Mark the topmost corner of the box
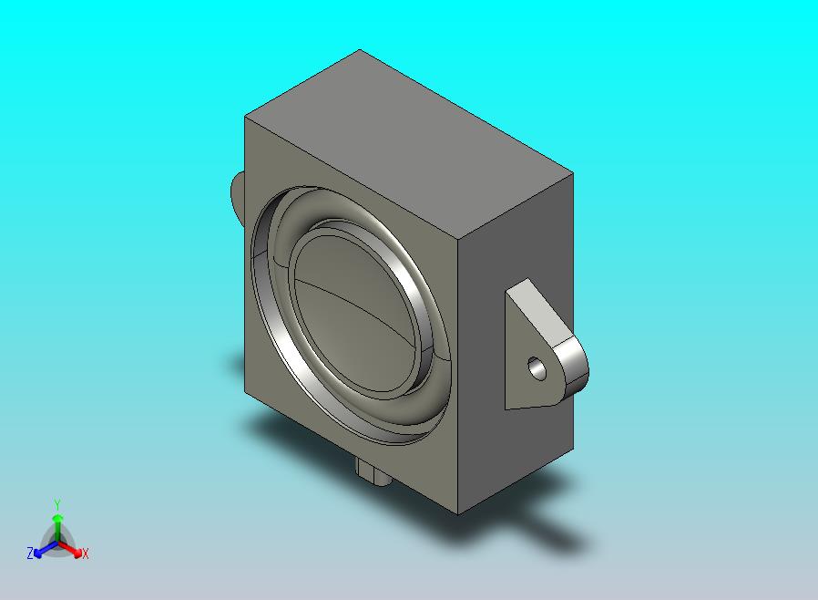coord(360,50)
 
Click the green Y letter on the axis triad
coord(57,503)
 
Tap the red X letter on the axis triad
coord(85,553)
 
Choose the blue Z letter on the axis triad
coord(30,553)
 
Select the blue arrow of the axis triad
coord(42,549)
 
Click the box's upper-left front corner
coord(246,117)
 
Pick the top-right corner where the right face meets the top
coord(573,173)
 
